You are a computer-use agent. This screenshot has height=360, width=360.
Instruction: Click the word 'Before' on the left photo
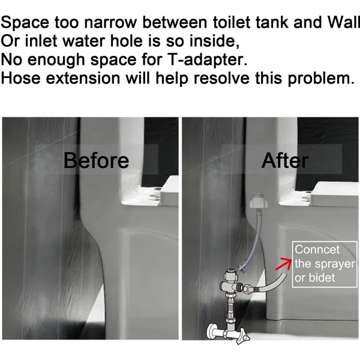click(96, 161)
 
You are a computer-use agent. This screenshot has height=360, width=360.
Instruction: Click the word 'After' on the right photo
click(285, 161)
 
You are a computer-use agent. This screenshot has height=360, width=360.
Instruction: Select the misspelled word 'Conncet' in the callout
click(317, 250)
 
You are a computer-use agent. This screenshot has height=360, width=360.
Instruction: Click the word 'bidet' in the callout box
click(323, 278)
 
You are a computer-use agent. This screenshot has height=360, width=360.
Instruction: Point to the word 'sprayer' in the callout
click(336, 264)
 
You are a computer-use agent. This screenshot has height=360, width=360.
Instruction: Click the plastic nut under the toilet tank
click(257, 200)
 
